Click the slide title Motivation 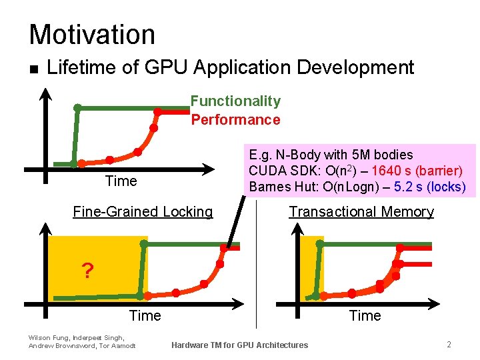92,35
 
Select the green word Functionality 235,101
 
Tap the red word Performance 235,120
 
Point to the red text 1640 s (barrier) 417,171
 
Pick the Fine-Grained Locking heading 143,212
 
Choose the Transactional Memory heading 361,212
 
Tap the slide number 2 449,345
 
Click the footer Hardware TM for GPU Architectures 240,345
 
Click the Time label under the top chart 121,181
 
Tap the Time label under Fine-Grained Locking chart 145,316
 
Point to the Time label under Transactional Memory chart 365,316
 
